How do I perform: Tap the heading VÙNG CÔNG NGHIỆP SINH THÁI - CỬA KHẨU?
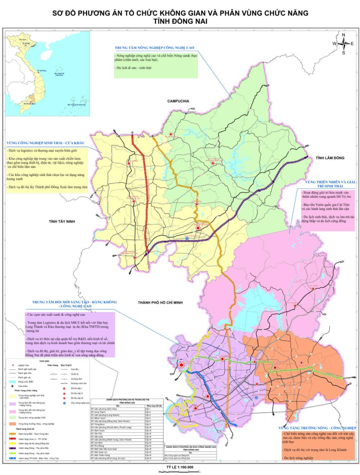pyautogui.click(x=45, y=142)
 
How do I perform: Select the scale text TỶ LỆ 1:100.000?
pyautogui.click(x=180, y=467)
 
